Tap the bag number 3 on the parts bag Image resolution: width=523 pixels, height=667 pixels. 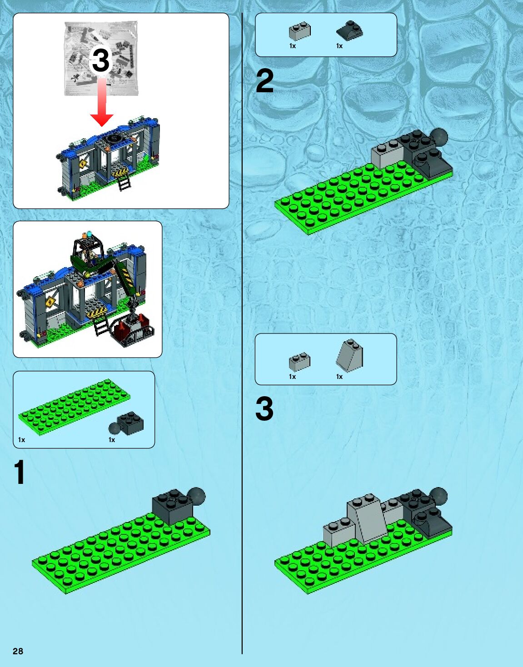[x=101, y=60]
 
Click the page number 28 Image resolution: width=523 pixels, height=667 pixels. [x=18, y=651]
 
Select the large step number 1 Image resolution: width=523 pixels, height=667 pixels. [x=20, y=473]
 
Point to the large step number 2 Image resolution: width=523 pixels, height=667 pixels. [x=264, y=81]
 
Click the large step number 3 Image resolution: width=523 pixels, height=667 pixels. [x=264, y=408]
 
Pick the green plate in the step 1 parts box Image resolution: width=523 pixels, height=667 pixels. [x=74, y=405]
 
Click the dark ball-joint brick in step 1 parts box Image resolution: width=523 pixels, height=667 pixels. [x=127, y=423]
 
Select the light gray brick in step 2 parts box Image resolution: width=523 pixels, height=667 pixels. [x=300, y=31]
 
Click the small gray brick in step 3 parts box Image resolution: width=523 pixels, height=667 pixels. [x=299, y=362]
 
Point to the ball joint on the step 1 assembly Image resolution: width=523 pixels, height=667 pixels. [x=196, y=496]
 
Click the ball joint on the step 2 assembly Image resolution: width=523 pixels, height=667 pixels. [x=439, y=137]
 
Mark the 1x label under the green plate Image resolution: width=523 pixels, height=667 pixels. [x=21, y=440]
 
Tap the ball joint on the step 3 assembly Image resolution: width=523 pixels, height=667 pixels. [x=438, y=496]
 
